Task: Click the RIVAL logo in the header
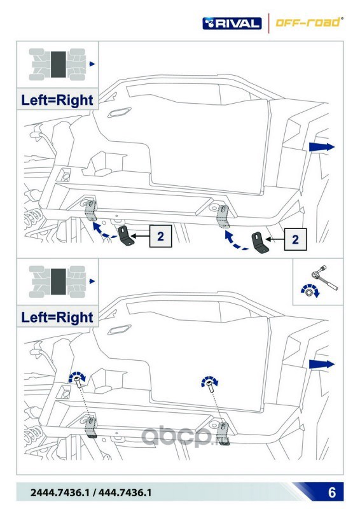[x=232, y=24]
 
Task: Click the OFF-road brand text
[x=308, y=22]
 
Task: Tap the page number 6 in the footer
[x=332, y=492]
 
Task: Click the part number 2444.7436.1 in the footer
[x=59, y=492]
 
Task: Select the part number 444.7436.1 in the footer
[x=125, y=492]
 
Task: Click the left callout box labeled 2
[x=160, y=236]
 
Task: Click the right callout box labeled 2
[x=295, y=239]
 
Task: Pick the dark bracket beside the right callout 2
[x=260, y=243]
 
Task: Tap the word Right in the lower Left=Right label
[x=74, y=317]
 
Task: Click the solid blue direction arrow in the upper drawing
[x=321, y=147]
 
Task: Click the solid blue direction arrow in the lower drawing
[x=321, y=364]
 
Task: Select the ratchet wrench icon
[x=324, y=279]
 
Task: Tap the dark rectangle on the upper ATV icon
[x=59, y=64]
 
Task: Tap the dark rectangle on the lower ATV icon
[x=59, y=281]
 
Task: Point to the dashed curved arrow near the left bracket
[x=103, y=231]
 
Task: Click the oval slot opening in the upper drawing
[x=119, y=113]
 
